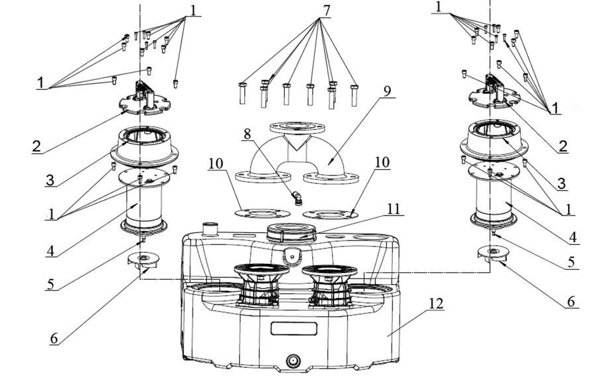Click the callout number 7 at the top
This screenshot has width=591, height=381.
coord(326,11)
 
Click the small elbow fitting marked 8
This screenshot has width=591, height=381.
coord(297,198)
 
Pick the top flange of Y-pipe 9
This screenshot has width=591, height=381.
coord(297,127)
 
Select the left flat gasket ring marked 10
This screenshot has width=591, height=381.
coord(262,213)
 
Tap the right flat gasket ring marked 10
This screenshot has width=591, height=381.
coord(330,214)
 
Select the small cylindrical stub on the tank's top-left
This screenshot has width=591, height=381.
coord(210,229)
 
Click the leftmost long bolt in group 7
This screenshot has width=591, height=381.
coord(243,93)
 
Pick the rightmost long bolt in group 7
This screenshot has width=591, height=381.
coord(355,95)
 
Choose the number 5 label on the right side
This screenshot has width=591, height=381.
coord(571,262)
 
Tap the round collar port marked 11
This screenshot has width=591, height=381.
coord(291,233)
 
